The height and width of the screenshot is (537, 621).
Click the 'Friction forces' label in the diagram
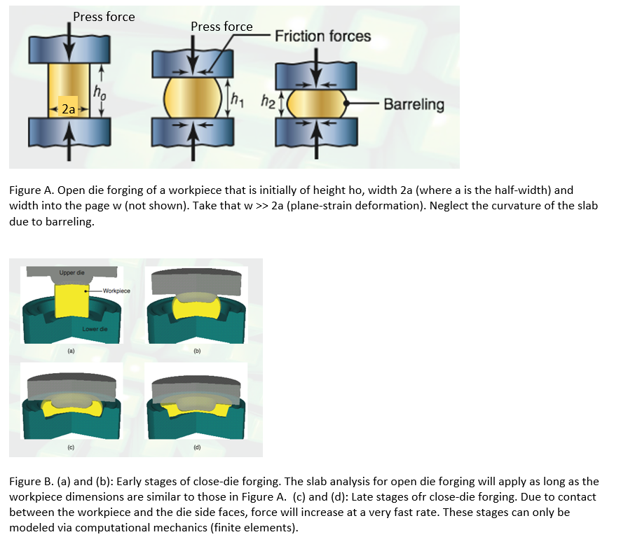322,36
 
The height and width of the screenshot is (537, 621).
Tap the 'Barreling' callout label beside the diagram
414,105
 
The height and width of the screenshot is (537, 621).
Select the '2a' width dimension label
69,109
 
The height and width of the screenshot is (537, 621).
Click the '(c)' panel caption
71,446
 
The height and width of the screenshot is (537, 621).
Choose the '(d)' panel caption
197,446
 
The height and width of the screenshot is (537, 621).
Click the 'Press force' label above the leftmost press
104,16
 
